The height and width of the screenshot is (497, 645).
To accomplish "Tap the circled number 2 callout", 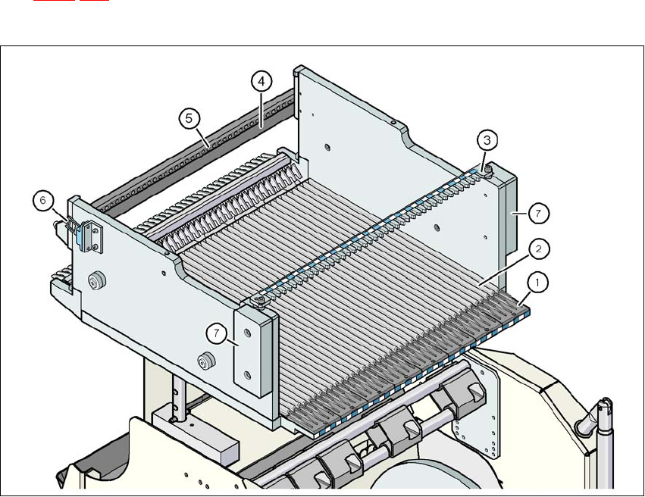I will (537, 248).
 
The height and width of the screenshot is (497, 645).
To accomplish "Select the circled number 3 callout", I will (487, 139).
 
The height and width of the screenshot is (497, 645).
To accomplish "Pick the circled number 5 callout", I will (189, 117).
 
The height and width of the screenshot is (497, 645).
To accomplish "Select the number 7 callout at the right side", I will (537, 214).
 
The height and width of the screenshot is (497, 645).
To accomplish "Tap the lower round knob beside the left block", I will (203, 359).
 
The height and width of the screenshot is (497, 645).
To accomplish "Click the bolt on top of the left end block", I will (260, 302).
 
